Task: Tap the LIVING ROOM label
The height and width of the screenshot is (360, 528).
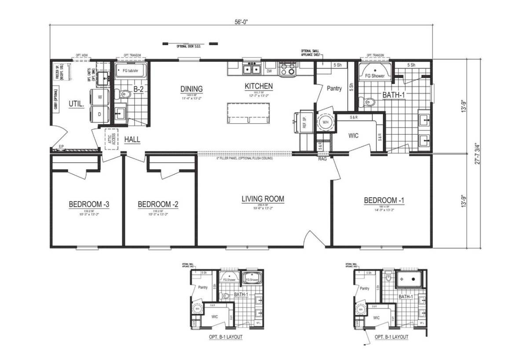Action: [263, 199]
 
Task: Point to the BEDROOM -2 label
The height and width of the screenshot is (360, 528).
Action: [158, 204]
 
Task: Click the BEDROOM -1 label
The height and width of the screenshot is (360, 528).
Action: [384, 201]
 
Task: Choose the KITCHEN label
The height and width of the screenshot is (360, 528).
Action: [259, 86]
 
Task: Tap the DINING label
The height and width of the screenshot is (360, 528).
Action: [191, 89]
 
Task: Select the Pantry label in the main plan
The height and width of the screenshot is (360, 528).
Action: [334, 88]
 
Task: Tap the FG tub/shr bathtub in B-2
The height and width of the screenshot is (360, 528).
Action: [131, 70]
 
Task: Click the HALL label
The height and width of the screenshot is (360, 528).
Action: [132, 140]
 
